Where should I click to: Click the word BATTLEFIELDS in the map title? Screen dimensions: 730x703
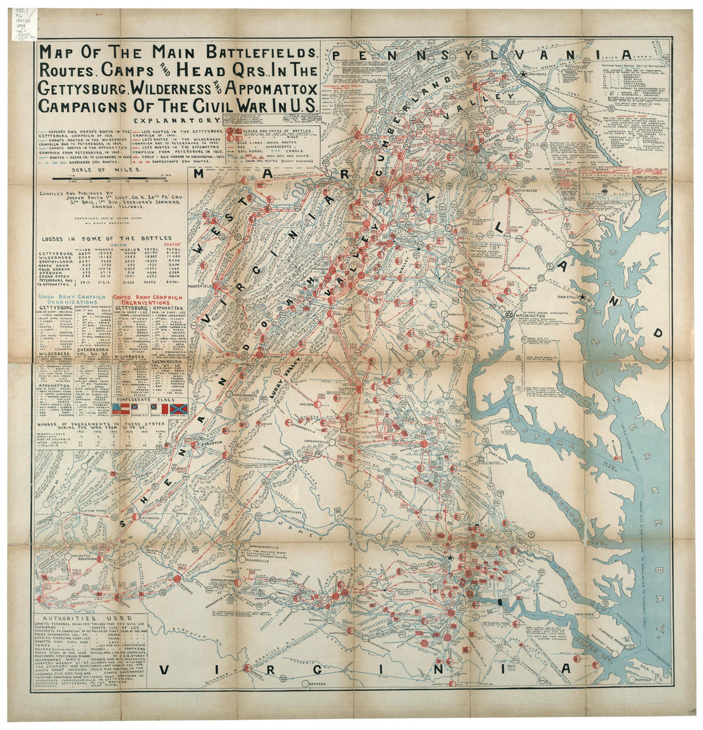pyautogui.click(x=256, y=53)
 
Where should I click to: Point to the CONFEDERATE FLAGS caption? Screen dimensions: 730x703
pyautogui.click(x=149, y=398)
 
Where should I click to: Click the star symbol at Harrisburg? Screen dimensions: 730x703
pyautogui.click(x=524, y=75)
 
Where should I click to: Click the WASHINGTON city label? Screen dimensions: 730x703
pyautogui.click(x=536, y=315)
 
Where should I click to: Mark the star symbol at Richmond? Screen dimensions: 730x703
pyautogui.click(x=451, y=558)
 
